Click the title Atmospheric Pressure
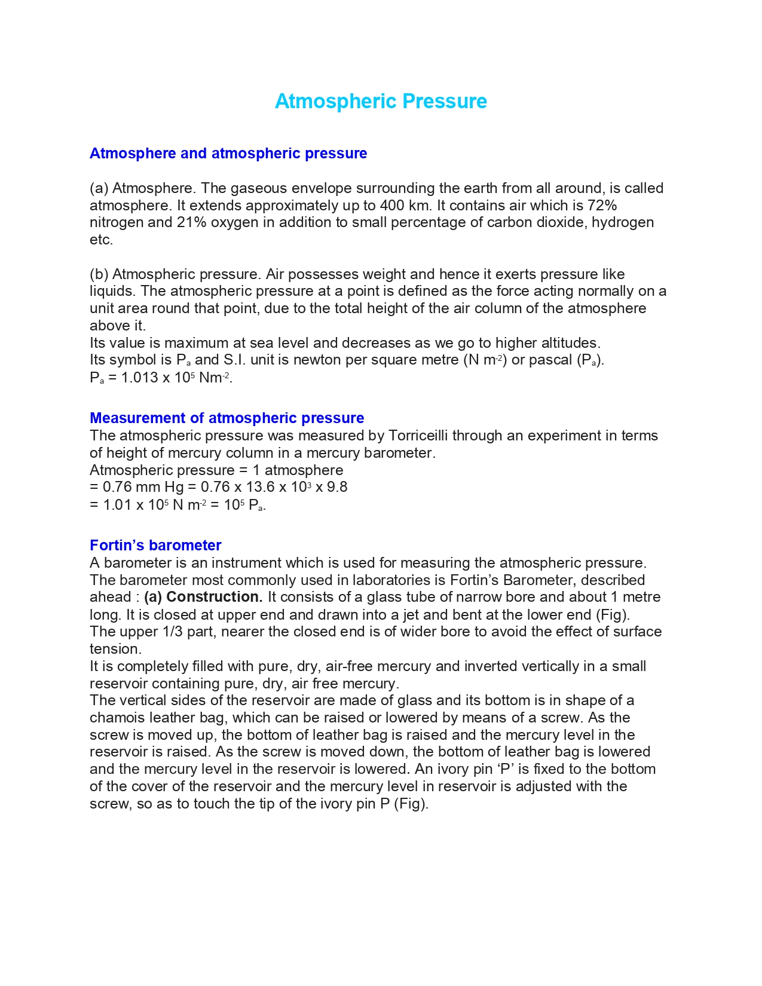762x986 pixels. click(381, 102)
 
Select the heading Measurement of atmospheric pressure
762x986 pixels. click(227, 418)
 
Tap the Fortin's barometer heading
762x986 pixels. click(155, 545)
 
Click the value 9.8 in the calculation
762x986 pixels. click(337, 487)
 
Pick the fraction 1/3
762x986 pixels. click(172, 632)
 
